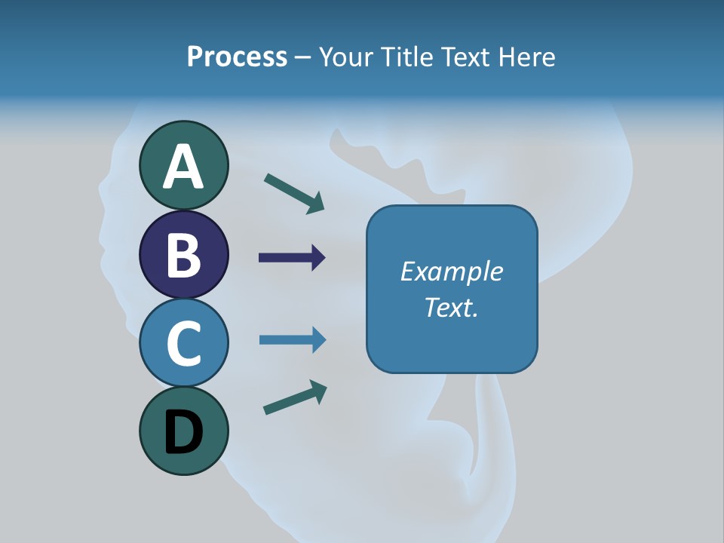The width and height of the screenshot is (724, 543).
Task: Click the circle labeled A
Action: [x=183, y=165]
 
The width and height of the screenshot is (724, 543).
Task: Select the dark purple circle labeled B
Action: [x=183, y=254]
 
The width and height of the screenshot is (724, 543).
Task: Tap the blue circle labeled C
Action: [x=183, y=342]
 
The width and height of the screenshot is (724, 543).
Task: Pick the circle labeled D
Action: [x=183, y=431]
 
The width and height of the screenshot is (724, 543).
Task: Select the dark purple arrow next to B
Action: [x=292, y=258]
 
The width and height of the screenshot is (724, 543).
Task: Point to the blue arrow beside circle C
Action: [x=293, y=339]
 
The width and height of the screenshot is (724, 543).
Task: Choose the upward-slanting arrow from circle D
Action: [x=296, y=397]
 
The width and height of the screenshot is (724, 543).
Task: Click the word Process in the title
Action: [x=237, y=57]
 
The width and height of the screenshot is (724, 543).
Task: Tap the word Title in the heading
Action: [x=406, y=57]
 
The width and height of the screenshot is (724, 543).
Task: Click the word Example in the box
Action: [x=451, y=271]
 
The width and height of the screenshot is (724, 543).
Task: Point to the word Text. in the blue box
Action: [x=451, y=307]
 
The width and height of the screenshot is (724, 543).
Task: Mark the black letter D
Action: [x=183, y=432]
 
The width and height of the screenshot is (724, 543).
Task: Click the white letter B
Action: [x=183, y=255]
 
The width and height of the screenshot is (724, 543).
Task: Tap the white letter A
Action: [x=183, y=167]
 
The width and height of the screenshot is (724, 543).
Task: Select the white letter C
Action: [x=183, y=343]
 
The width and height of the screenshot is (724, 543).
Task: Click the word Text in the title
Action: [x=466, y=57]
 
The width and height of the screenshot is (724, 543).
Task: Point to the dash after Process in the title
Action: [x=303, y=58]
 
